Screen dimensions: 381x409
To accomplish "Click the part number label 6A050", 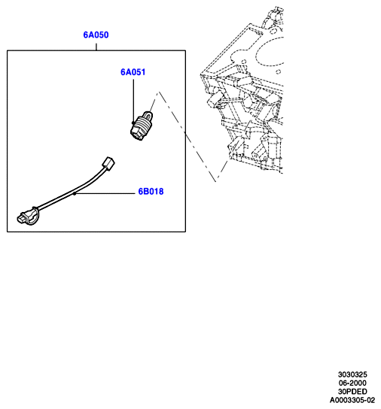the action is point(96,35).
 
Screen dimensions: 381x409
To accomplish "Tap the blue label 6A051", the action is point(133,72).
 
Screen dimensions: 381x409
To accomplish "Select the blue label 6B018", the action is point(151,192).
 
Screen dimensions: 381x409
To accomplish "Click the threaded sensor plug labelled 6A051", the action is point(142,126).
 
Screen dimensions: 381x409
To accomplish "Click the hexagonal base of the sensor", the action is point(138,132).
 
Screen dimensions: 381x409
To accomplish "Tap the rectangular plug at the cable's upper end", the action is point(108,163).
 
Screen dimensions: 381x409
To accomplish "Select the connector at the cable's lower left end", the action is point(27,217).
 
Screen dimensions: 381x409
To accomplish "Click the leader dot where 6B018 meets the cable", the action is point(75,193).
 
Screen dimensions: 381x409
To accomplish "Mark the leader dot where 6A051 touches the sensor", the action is point(133,123).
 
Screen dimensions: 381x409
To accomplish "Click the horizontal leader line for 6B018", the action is point(105,193).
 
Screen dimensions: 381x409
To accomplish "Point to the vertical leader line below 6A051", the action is point(133,101).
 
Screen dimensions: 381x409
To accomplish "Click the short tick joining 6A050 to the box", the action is point(96,47).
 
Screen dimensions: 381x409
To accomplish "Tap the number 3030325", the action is point(352,374).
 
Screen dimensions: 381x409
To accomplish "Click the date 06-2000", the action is point(352,383).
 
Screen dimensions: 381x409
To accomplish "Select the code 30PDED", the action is point(352,392).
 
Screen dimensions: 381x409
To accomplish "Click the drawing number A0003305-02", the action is point(352,400).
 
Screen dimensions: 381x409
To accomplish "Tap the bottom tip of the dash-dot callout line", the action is point(216,181).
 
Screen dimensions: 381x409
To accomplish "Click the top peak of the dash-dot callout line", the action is point(158,92).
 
